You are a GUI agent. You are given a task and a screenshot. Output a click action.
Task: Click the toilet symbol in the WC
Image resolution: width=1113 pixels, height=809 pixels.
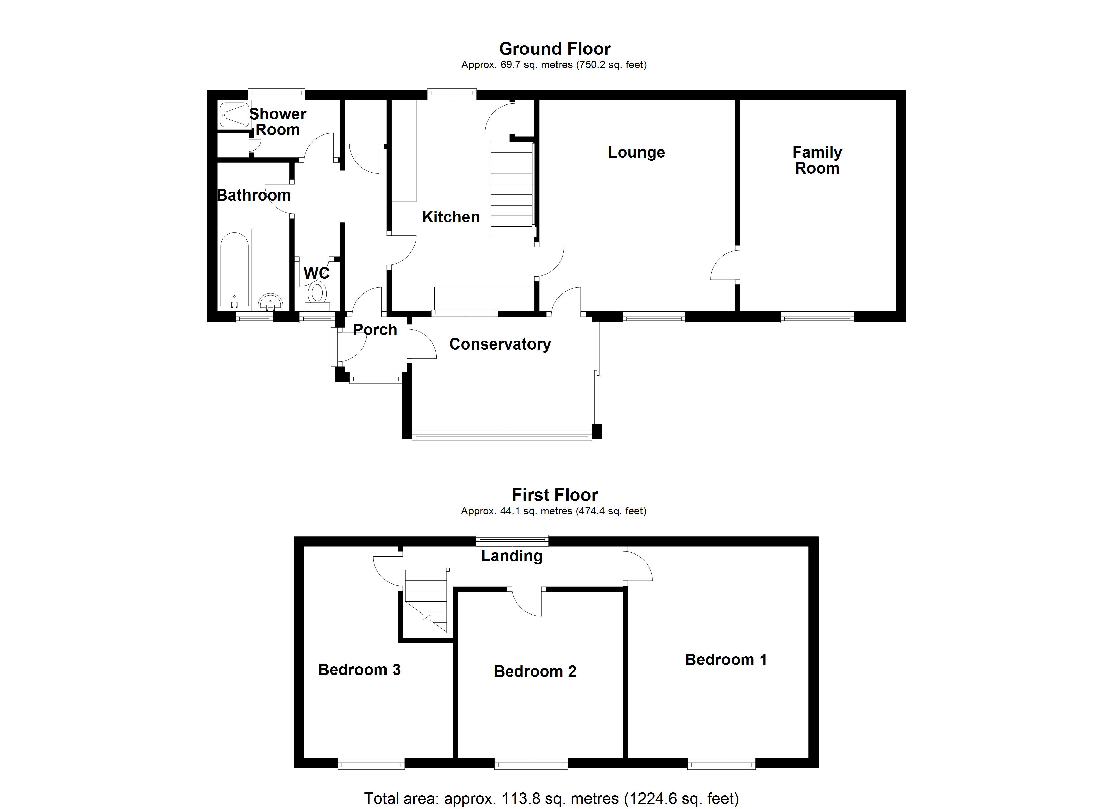317,293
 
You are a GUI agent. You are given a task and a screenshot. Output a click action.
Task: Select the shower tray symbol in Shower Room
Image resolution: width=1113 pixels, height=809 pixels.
234,115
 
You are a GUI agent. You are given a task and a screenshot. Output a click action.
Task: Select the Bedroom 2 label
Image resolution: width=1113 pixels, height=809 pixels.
535,671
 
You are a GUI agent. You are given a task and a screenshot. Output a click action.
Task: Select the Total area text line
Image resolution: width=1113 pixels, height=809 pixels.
551,798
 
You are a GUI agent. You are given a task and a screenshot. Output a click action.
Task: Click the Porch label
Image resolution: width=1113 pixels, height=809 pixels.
375,330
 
